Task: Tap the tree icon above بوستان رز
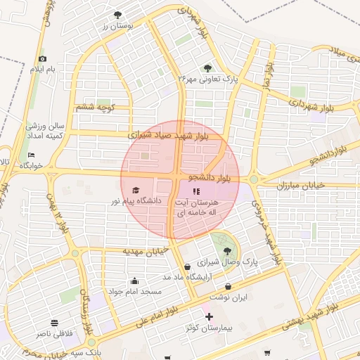tap(117, 15)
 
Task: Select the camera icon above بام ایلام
tap(43, 59)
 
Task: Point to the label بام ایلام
tap(41, 70)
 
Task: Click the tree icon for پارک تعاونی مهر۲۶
tap(207, 67)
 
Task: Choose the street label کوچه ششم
tap(94, 107)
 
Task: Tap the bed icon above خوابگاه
tap(31, 155)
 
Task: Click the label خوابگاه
tap(31, 165)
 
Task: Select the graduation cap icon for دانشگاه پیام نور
tap(136, 190)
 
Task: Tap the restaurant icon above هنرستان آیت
tap(196, 191)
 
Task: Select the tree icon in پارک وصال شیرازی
tap(226, 250)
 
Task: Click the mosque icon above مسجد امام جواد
tap(134, 281)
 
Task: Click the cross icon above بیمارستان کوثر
tap(208, 317)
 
